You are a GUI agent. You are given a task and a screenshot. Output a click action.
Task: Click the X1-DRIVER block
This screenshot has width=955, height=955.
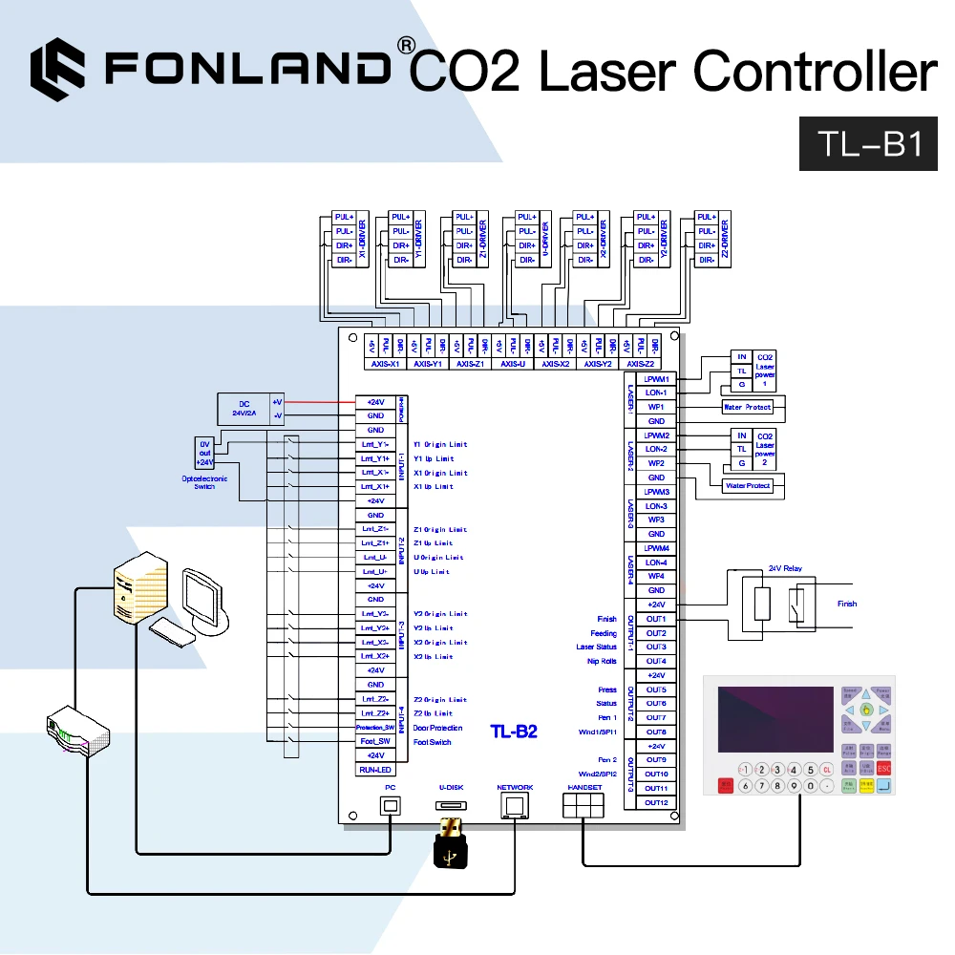pos(350,238)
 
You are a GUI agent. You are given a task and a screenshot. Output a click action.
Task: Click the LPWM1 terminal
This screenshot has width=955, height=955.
pos(656,379)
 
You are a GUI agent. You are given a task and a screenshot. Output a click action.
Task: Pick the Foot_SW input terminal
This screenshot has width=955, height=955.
pos(375,742)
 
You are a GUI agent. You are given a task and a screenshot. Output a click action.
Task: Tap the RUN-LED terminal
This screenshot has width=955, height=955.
pos(375,770)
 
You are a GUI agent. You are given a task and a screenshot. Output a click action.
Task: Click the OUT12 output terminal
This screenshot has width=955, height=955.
pos(656,802)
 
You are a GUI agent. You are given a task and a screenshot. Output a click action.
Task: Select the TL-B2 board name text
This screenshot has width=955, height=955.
pos(514,732)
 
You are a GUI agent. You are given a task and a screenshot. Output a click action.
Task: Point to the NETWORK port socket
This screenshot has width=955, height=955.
pos(515,805)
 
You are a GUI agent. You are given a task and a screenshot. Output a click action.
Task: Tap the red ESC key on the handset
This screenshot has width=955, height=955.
pos(883,768)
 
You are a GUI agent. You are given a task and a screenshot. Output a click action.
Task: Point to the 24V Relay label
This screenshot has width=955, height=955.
pos(786,569)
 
